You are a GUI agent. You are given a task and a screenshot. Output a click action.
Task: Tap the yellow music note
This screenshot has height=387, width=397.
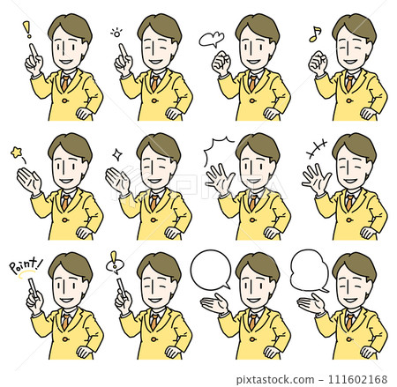pos(314,34)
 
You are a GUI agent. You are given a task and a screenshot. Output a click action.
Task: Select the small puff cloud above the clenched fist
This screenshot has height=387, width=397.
pos(210,39)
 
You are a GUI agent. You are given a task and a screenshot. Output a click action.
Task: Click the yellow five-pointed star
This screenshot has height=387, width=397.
pos(17,153)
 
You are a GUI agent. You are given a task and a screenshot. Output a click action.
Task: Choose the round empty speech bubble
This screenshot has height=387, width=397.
pos(210,270)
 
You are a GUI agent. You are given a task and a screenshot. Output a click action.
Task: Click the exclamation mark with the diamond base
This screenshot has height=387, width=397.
pos(112,262)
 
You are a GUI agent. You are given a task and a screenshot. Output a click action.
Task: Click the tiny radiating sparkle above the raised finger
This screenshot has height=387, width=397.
pos(116,33)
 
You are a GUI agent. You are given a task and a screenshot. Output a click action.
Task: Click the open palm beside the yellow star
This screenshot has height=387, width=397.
pos(29,182)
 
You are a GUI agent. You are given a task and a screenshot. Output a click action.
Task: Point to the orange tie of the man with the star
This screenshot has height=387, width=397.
pos(64,202)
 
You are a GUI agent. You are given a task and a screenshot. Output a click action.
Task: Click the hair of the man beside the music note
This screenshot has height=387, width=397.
pos(354,25)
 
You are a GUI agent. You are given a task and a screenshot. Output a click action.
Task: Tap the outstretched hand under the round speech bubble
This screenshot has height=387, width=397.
pos(213,303)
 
